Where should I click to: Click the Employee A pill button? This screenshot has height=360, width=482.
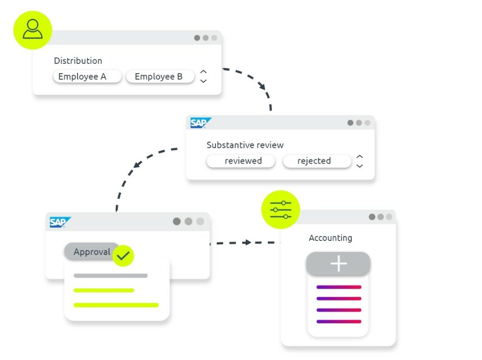tap(87, 76)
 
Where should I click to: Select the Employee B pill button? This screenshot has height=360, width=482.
tap(159, 76)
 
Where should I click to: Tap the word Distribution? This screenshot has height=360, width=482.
tap(78, 61)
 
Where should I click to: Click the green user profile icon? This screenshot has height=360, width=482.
tap(32, 30)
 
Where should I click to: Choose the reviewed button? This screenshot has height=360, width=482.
tap(241, 161)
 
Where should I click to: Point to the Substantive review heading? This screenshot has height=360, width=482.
tap(245, 145)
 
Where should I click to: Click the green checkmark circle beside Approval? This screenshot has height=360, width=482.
tap(123, 255)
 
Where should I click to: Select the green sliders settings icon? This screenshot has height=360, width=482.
tap(280, 210)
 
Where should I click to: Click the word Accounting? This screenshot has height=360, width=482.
tap(330, 238)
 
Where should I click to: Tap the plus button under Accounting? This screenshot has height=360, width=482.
tap(338, 264)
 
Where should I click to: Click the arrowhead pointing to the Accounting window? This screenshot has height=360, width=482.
tap(248, 242)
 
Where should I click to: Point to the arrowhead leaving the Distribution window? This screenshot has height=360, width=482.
tap(262, 86)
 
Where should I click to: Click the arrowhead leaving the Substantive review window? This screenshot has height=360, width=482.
tap(137, 164)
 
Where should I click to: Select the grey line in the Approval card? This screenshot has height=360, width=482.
tap(110, 276)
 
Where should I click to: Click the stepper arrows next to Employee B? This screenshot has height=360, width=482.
tap(203, 76)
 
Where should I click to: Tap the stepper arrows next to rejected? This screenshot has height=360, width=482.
tap(360, 161)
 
